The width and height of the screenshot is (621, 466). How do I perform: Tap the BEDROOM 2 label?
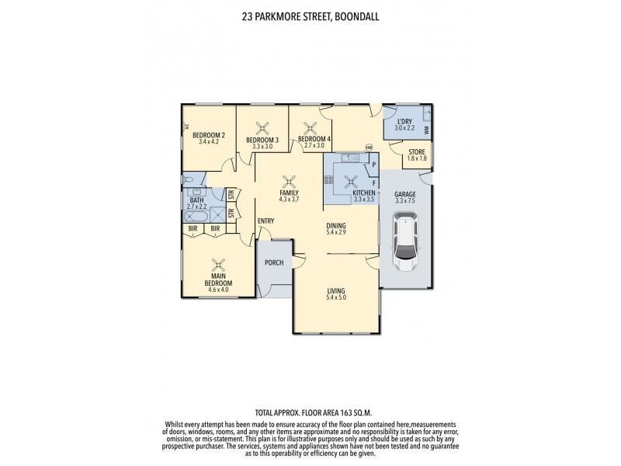pos(209,135)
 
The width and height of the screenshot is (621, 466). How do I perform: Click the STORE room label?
pos(418,151)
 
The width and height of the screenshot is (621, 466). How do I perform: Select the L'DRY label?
pos(404,122)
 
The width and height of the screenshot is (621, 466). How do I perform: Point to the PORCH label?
pos(273,263)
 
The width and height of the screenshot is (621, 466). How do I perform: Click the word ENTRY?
pos(265,221)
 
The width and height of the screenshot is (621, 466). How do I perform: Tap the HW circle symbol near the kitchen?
pos(369,147)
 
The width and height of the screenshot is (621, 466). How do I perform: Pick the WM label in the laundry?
pos(428,129)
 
